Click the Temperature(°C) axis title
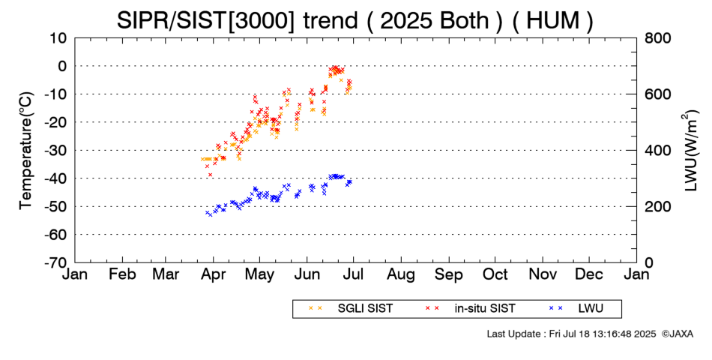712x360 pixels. [x=25, y=150]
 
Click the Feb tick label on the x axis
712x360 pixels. [x=121, y=274]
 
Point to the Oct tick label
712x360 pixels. [x=495, y=274]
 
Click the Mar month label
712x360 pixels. [x=167, y=274]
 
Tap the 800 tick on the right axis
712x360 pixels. [x=657, y=37]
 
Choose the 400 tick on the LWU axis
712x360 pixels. [x=657, y=150]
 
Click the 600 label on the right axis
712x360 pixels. [x=657, y=94]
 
